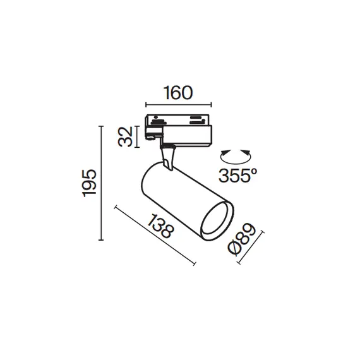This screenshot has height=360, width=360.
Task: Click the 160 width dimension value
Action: [177, 93]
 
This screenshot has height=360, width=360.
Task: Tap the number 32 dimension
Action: [128, 136]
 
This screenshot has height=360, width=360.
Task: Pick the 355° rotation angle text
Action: [236, 176]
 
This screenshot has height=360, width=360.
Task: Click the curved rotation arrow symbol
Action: [235, 155]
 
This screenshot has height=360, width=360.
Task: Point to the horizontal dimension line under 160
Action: [177, 105]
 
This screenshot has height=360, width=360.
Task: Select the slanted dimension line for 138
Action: [155, 235]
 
